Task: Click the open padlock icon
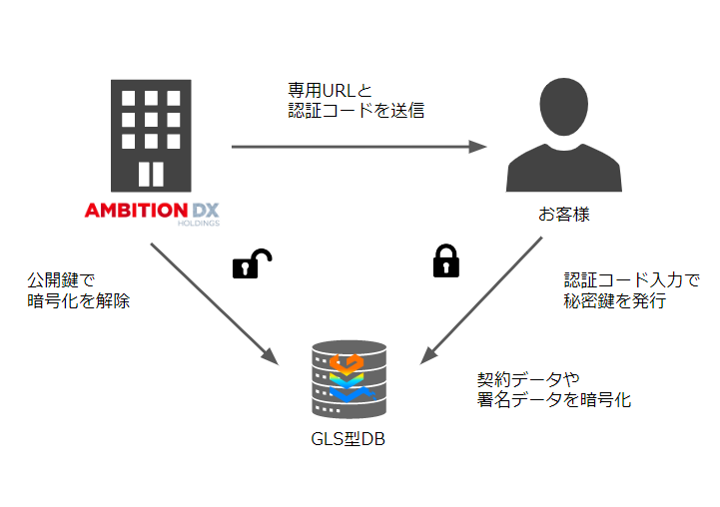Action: [252, 263]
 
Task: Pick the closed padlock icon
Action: [444, 260]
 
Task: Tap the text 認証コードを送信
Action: [357, 111]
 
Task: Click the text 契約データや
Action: [529, 379]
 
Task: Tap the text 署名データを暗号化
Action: [554, 400]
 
